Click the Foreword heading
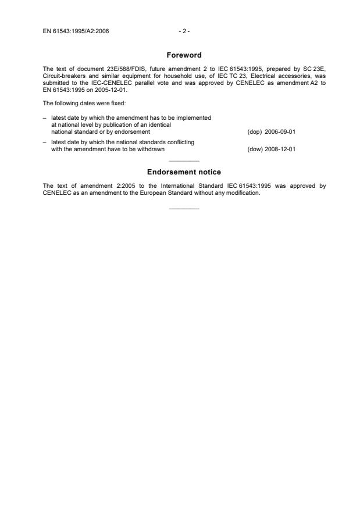click(x=183, y=55)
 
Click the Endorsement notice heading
click(x=184, y=172)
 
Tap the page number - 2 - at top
click(x=183, y=31)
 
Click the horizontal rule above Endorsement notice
click(x=183, y=161)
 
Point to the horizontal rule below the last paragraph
click(x=183, y=208)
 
